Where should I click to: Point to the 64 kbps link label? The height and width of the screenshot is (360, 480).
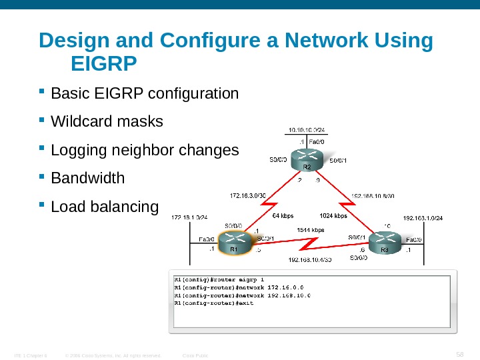(x=283, y=216)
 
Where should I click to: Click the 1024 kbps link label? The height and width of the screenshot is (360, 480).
(x=333, y=216)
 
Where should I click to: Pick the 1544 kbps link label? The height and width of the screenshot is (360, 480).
(x=310, y=230)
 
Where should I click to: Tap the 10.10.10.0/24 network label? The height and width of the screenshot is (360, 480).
(x=307, y=131)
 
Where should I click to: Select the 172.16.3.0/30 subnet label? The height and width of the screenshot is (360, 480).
(x=248, y=196)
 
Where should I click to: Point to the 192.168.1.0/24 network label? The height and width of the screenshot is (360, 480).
(x=423, y=217)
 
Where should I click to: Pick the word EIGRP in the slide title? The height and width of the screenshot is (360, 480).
(x=103, y=64)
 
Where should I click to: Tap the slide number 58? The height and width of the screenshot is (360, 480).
(x=459, y=353)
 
